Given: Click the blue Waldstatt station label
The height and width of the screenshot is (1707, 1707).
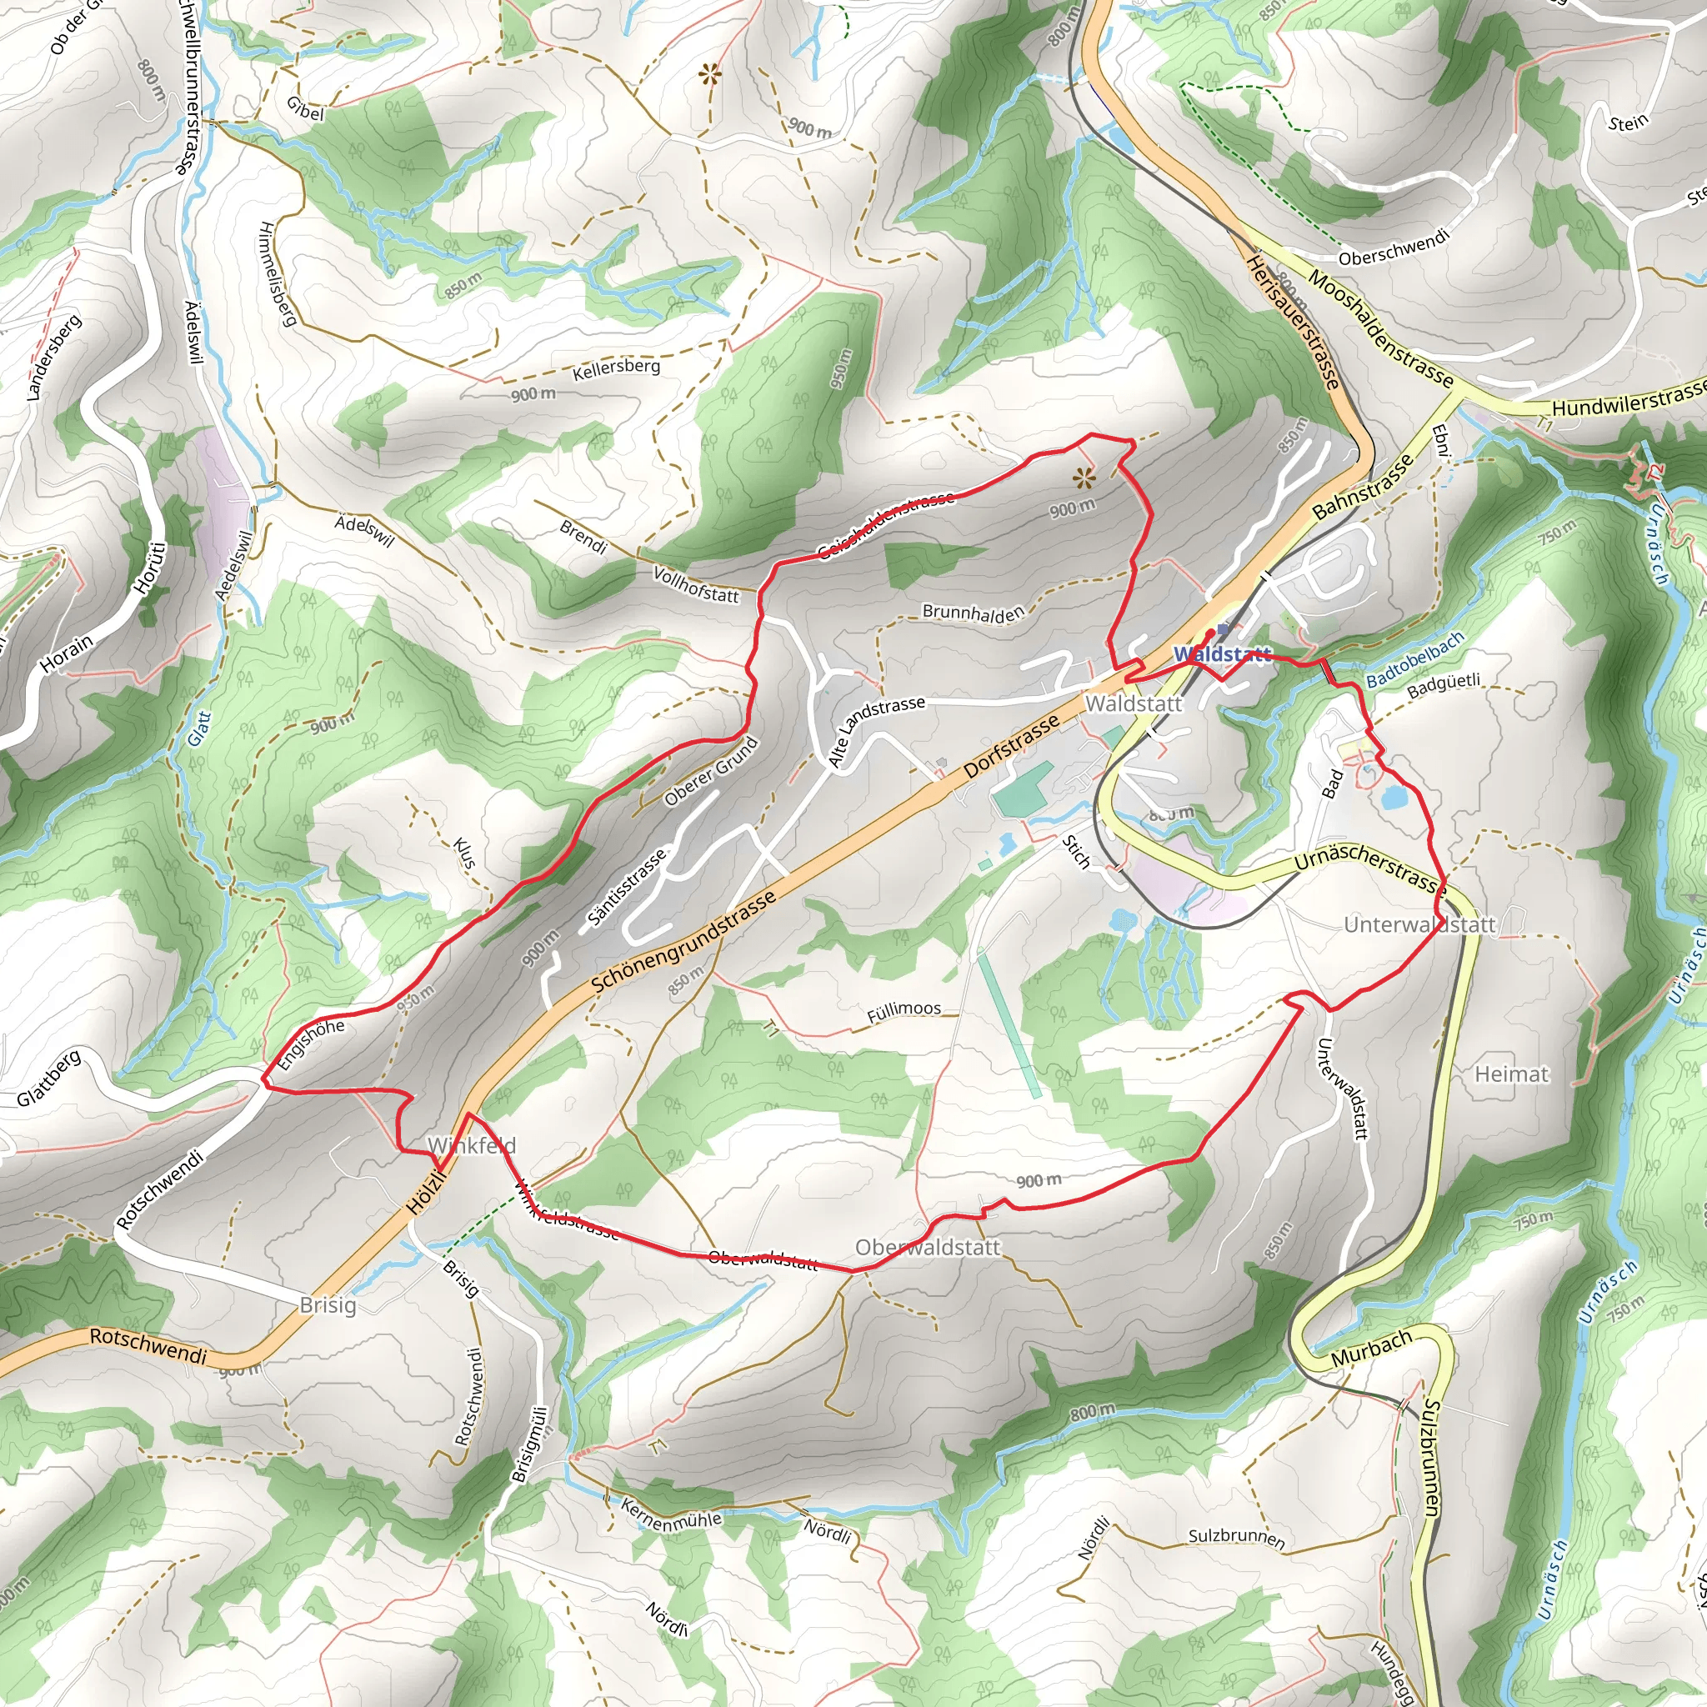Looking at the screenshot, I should point(1222,653).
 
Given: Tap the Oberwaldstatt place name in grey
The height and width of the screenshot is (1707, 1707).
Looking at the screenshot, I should point(928,1247).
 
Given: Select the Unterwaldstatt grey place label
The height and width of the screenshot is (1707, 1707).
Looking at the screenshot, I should point(1419,924).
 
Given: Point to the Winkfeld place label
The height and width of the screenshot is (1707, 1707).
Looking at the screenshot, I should point(471,1145).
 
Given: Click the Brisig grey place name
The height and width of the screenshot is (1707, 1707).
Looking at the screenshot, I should point(328,1305).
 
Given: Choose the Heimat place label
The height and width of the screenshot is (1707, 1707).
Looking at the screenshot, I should point(1512,1074).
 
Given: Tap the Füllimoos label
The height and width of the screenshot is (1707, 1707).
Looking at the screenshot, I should point(903,1011).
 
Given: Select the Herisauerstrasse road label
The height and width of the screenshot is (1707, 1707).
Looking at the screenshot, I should point(1293,323).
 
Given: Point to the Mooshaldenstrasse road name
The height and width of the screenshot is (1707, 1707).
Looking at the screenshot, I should point(1380,328).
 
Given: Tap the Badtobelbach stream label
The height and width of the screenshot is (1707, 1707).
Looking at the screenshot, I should point(1414,660).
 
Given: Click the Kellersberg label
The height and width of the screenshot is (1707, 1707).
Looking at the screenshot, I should point(616,368).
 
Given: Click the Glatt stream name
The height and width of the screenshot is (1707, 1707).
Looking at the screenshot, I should point(200,730).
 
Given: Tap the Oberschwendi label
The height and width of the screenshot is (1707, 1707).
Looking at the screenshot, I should point(1394,247).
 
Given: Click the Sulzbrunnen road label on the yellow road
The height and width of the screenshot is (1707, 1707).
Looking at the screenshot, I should point(1432,1458).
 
